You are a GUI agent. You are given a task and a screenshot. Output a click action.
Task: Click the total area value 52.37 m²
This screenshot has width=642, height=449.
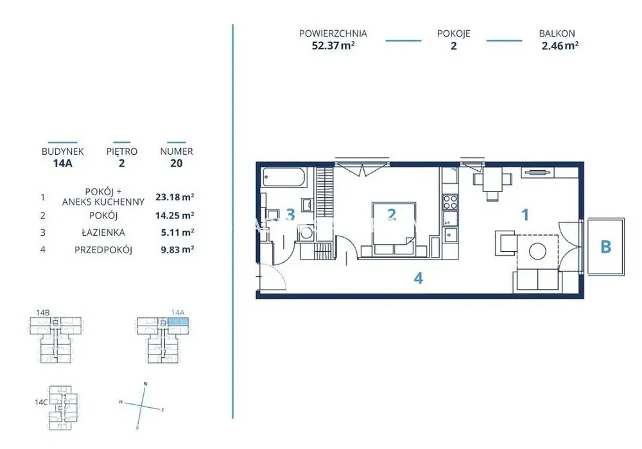point(333,46)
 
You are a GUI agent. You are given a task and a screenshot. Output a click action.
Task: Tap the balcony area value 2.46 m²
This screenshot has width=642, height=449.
point(560,46)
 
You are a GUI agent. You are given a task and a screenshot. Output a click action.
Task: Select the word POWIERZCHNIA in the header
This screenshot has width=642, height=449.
point(333,33)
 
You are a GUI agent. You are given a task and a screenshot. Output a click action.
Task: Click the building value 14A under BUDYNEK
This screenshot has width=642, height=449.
point(63,163)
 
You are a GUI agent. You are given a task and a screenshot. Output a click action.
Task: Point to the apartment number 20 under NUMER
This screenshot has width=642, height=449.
point(176,163)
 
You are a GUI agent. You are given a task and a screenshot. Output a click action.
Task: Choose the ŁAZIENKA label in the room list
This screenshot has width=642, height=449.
point(103,233)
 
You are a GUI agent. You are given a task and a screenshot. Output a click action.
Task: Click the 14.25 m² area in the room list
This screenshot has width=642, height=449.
point(175,215)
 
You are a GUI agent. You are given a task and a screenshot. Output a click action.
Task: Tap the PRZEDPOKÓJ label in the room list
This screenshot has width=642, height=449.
point(103,249)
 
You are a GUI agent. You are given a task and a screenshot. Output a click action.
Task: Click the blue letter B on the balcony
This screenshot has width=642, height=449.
point(605,247)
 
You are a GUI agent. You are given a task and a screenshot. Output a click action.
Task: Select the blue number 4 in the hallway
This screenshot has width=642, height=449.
point(418,278)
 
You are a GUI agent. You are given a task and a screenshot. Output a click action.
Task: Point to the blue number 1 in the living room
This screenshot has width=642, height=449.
point(525,215)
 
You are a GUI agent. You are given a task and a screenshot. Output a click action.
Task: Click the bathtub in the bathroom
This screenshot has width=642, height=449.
point(284,177)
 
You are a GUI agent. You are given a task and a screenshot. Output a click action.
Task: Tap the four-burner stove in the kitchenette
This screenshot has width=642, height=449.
point(451,202)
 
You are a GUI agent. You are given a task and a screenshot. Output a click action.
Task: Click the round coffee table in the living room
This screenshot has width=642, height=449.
point(537,251)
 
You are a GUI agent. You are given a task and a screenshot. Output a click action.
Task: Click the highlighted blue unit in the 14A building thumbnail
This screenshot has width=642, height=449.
point(178,322)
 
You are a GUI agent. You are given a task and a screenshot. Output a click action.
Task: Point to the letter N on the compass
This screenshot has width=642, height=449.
point(145,384)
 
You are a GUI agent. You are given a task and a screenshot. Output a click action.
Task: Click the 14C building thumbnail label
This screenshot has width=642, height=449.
point(41,402)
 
